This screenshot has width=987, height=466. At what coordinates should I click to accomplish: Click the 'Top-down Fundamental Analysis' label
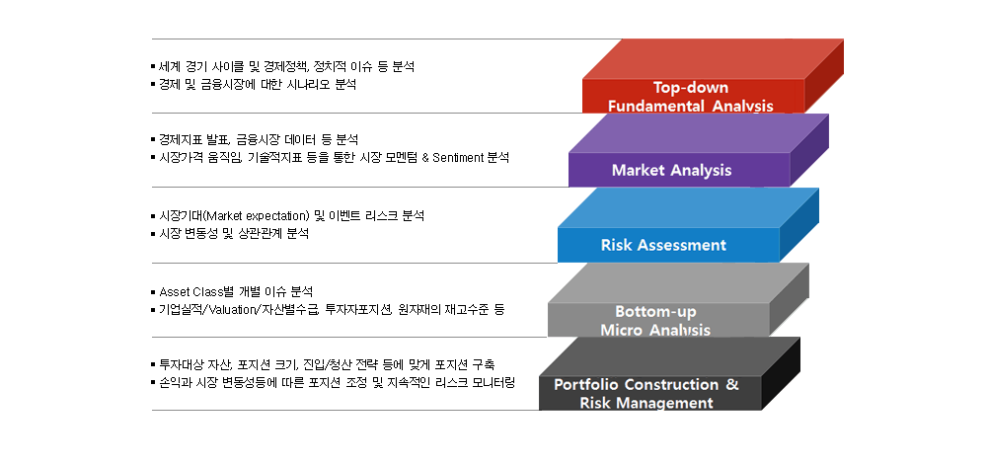(691, 97)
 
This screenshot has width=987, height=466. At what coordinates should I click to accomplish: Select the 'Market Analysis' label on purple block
(671, 170)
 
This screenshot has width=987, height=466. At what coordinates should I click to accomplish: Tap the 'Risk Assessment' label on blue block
(663, 245)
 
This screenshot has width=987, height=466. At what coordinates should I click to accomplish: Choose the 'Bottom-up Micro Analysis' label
(655, 321)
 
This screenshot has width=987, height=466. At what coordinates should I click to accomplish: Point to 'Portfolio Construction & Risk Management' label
(646, 394)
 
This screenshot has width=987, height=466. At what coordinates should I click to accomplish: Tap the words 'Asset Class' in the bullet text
(190, 292)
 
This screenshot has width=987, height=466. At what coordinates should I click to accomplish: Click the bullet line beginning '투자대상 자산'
(323, 364)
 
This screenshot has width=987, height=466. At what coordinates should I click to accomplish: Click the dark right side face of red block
(824, 76)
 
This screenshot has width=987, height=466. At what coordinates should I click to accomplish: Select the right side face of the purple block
(809, 150)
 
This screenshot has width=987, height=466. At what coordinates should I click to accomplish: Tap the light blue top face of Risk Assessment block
(688, 207)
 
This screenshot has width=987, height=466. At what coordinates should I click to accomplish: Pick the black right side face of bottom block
(781, 373)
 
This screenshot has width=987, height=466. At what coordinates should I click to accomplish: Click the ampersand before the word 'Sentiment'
(425, 157)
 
